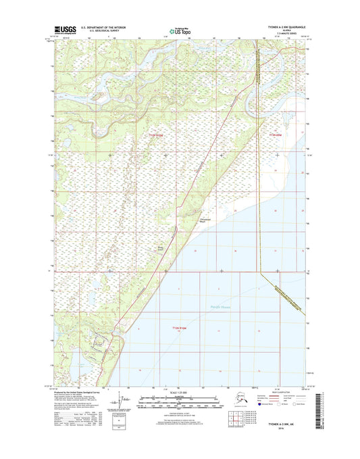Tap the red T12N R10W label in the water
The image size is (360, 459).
point(175,327)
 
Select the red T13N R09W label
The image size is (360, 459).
point(269,135)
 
